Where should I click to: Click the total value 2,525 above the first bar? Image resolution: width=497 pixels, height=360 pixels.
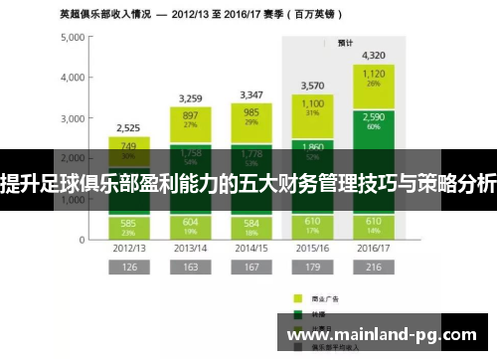(x=129, y=127)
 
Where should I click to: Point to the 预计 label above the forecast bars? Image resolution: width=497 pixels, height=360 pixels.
(x=345, y=43)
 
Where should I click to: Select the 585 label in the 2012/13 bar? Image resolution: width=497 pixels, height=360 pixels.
(x=129, y=223)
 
